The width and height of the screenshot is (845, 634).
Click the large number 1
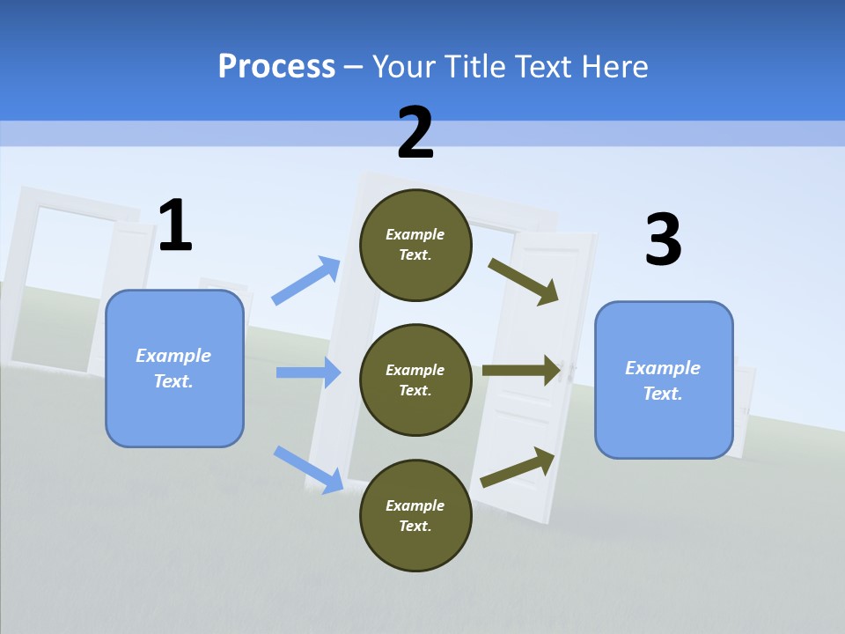(175, 225)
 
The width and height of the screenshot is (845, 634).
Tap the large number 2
(415, 133)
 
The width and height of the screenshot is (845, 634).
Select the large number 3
(663, 240)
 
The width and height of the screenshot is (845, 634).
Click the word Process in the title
(276, 66)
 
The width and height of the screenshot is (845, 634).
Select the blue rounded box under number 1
(174, 368)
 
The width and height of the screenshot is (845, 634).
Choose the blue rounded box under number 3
(664, 380)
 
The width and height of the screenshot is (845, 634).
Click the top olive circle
(415, 245)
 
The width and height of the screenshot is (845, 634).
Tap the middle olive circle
(415, 380)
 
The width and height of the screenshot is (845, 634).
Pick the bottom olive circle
(415, 515)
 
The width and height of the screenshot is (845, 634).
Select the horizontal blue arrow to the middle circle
(308, 372)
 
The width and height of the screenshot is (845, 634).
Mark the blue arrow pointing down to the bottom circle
(308, 468)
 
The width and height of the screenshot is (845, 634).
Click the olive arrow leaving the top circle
(524, 281)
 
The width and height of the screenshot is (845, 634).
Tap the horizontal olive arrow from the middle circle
(522, 370)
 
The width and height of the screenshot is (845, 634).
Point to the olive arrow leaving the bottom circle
(518, 467)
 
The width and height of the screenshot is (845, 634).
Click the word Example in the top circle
(415, 234)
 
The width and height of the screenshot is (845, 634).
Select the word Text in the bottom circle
(414, 526)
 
